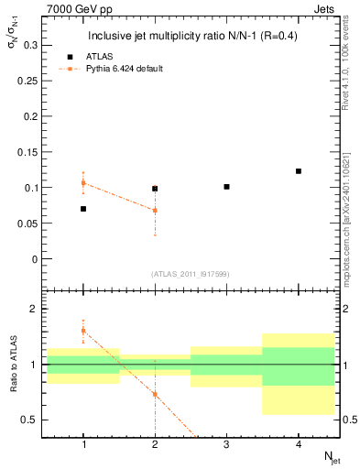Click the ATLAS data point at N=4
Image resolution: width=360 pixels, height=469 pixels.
coord(299,171)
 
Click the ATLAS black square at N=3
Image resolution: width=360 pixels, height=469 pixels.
coord(226,187)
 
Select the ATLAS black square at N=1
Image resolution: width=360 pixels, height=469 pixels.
coord(83,209)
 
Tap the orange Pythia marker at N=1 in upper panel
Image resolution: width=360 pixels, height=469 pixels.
coord(83,183)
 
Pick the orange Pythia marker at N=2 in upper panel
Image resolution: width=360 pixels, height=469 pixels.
coord(155,210)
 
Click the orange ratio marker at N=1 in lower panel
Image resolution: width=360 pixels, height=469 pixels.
coord(83,331)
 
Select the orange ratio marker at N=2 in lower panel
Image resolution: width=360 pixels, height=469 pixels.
coord(155,394)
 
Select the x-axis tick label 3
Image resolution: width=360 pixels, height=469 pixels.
coord(226,444)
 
